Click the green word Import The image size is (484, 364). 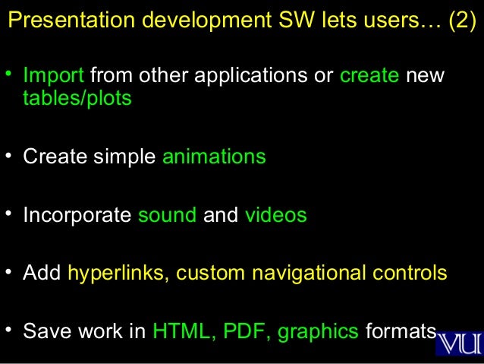pyautogui.click(x=54, y=77)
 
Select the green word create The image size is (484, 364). pyautogui.click(x=369, y=77)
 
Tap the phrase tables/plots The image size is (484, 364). pyautogui.click(x=77, y=99)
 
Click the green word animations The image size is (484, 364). pyautogui.click(x=214, y=157)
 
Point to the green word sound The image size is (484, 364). pyautogui.click(x=167, y=215)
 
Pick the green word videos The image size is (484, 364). pyautogui.click(x=275, y=215)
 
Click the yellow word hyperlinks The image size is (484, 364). pyautogui.click(x=118, y=273)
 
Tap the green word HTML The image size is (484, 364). pyautogui.click(x=183, y=332)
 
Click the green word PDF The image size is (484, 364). pyautogui.click(x=247, y=332)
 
